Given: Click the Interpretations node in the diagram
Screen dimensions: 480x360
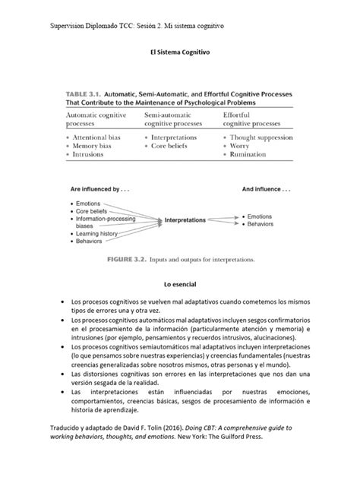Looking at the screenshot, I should coord(185,220).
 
